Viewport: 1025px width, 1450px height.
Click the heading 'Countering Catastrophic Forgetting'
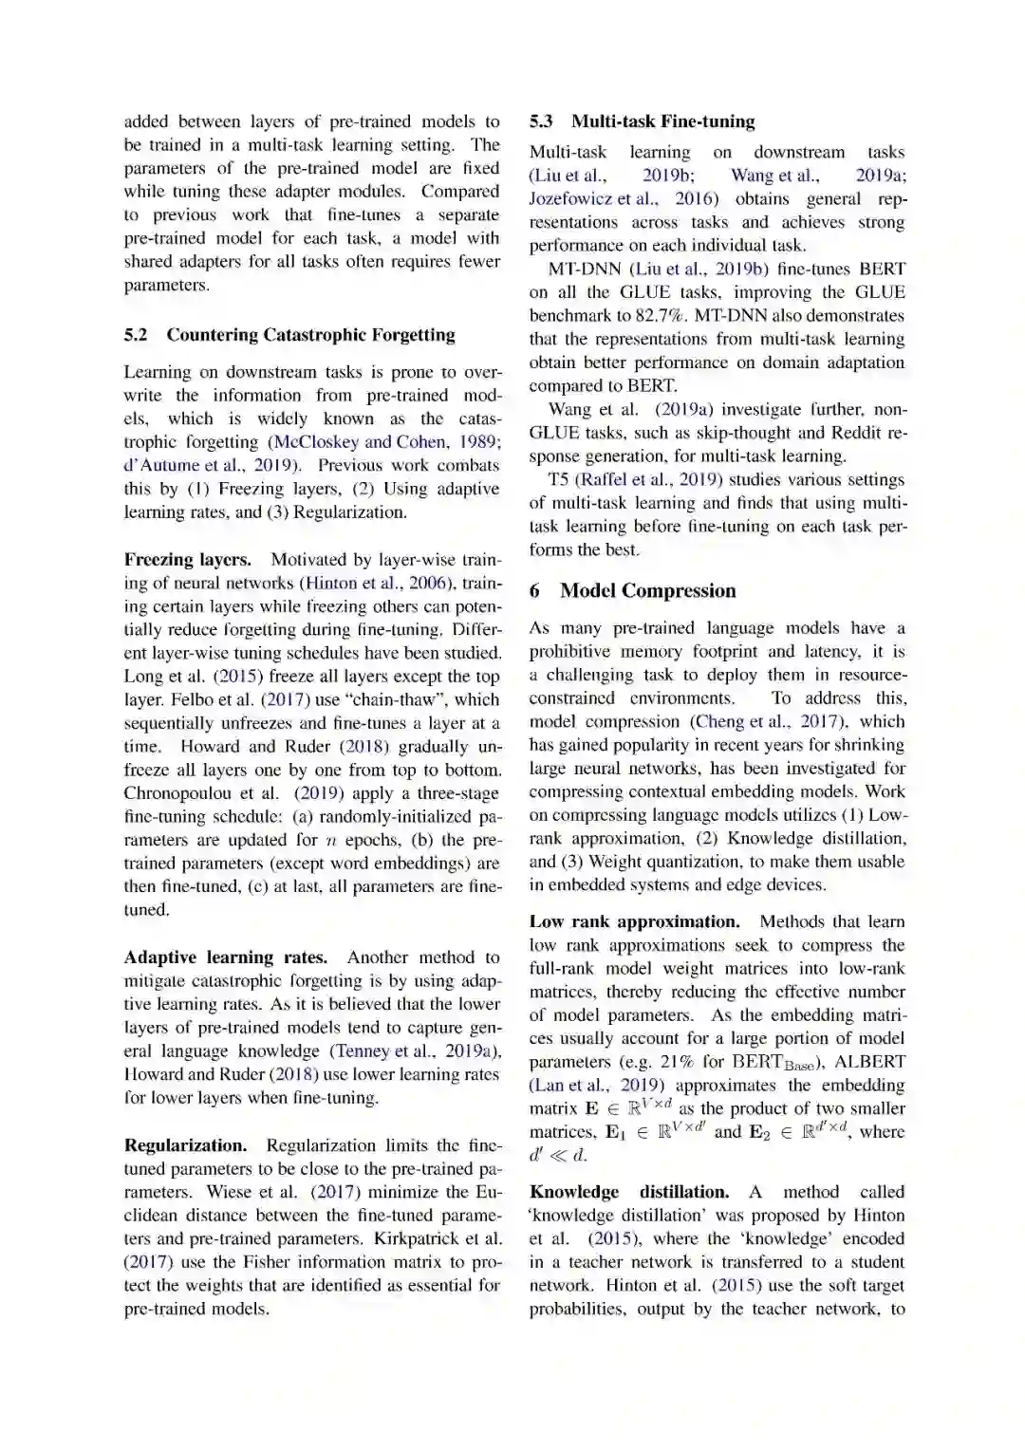tap(310, 335)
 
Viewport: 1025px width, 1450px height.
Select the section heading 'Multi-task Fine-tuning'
tap(662, 121)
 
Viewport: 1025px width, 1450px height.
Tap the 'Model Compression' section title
tap(647, 590)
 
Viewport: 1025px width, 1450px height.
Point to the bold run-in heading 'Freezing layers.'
tap(188, 560)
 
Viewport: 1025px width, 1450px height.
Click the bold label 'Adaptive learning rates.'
tap(226, 957)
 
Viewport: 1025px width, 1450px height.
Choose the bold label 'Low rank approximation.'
tap(634, 921)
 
